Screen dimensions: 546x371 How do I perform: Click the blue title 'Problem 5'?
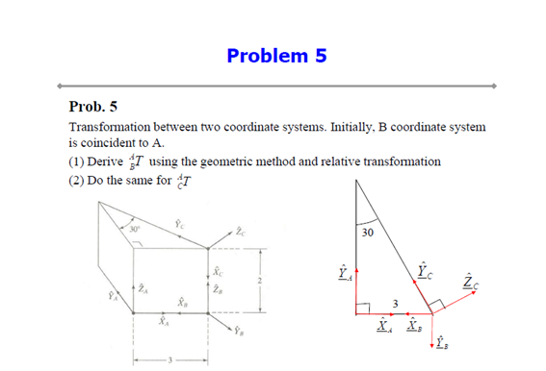[276, 55]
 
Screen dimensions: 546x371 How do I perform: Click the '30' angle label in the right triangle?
[368, 234]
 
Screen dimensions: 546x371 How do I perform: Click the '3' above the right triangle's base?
[394, 306]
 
